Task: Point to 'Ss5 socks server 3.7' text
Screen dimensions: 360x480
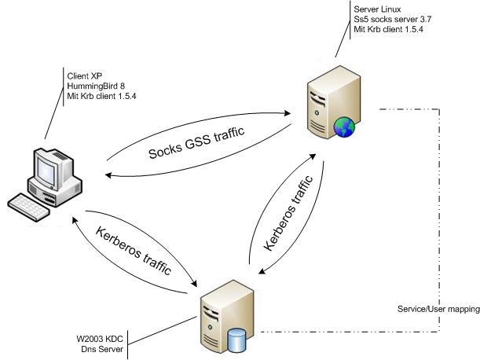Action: [391, 19]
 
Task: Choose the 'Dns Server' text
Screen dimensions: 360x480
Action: [100, 350]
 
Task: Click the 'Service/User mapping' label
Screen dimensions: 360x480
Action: [438, 310]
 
